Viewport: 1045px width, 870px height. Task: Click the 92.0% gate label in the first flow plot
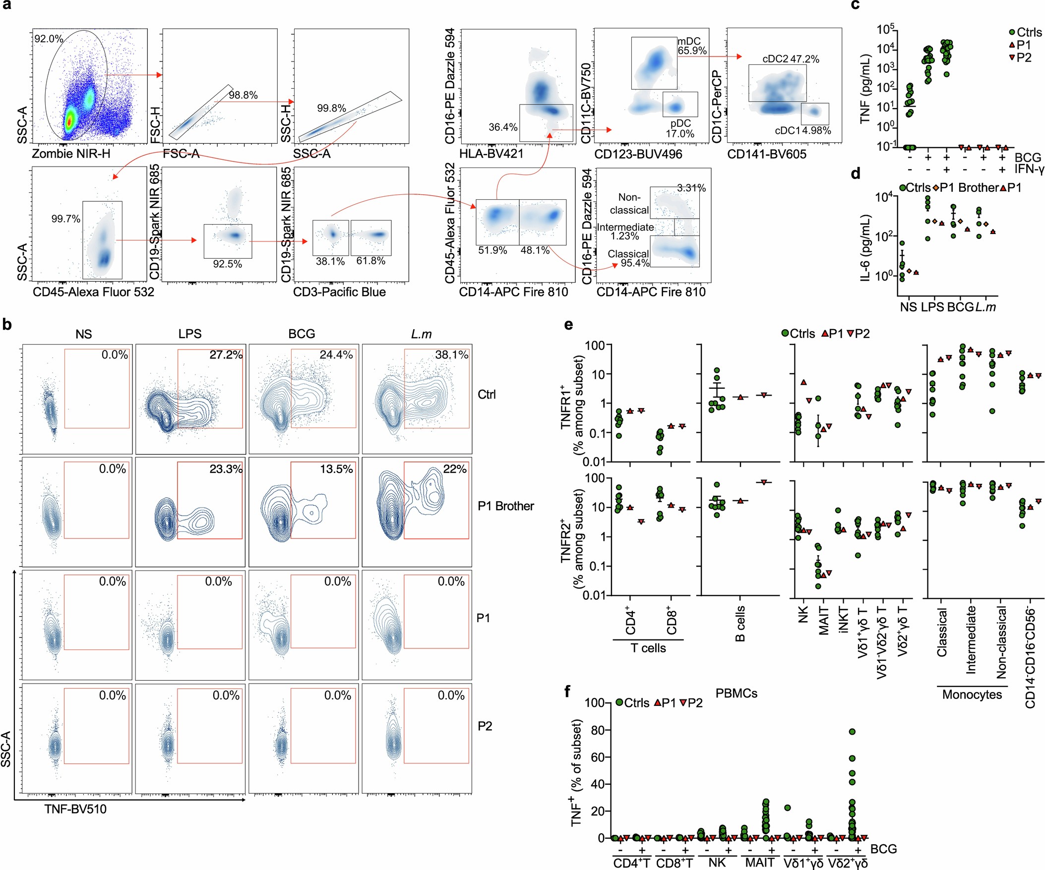point(48,39)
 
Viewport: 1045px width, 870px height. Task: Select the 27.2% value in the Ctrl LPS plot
point(226,354)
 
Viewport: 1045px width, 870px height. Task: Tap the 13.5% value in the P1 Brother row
point(336,468)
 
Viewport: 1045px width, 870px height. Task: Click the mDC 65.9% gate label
point(692,46)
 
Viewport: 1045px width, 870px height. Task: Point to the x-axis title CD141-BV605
point(766,154)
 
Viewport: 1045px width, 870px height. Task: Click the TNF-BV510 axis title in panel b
point(76,809)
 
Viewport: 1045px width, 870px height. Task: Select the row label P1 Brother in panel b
point(505,506)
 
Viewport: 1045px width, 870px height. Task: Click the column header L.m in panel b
point(421,334)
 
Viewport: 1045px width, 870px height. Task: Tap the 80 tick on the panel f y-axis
point(597,730)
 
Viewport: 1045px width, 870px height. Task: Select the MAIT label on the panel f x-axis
point(759,863)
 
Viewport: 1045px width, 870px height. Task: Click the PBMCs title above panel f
point(736,694)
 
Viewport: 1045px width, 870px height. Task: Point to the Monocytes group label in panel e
point(972,695)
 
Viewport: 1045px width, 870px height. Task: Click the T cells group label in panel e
point(648,648)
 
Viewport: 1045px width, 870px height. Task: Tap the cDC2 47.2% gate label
point(791,59)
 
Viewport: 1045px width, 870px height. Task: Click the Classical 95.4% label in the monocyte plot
point(629,258)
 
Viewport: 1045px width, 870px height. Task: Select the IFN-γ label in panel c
point(1029,169)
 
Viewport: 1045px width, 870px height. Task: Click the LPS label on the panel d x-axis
point(932,307)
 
